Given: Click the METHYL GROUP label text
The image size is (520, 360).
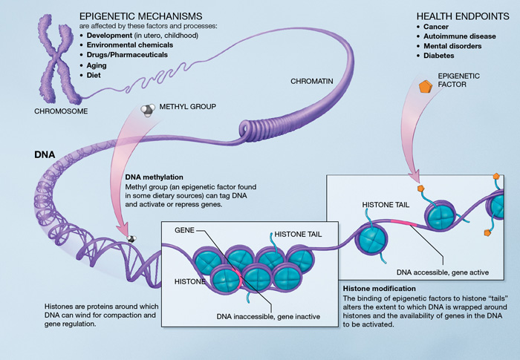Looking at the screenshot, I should click(187, 107).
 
